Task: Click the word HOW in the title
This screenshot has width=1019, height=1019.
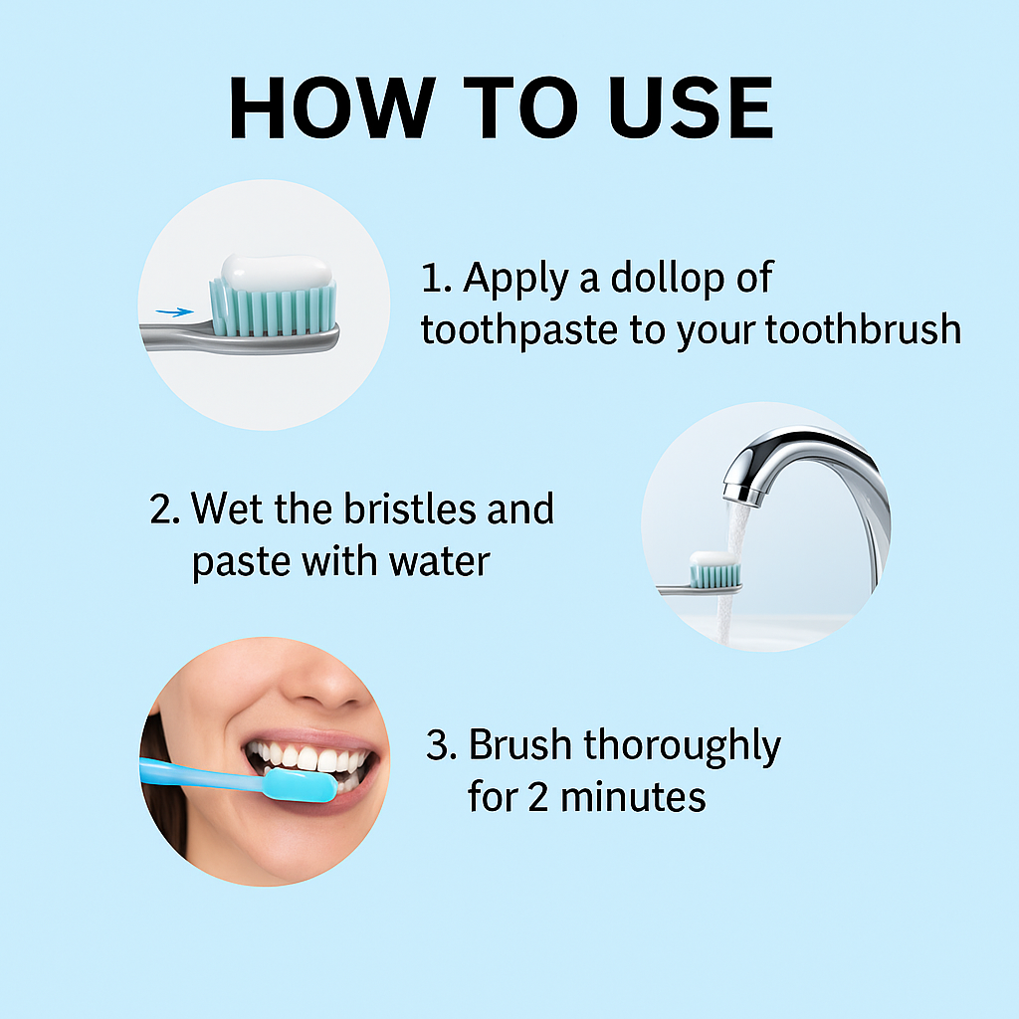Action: [332, 107]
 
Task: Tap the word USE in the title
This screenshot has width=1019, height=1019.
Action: [691, 107]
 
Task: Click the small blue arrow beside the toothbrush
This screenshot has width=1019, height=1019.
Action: [174, 312]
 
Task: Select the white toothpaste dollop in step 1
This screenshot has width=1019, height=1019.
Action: [277, 272]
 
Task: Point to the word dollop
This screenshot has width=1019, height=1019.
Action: [668, 279]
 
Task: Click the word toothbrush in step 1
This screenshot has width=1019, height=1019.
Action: [863, 328]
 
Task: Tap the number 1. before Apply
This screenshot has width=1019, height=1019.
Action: [436, 279]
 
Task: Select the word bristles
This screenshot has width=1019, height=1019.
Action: [410, 509]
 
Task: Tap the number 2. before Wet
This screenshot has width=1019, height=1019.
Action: [164, 509]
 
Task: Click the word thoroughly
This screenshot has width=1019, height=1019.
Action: [683, 746]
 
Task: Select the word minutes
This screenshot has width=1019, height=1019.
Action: [633, 797]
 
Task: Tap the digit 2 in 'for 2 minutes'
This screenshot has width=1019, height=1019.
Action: [538, 798]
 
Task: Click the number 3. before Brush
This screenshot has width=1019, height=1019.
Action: [441, 744]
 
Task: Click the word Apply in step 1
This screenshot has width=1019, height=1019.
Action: [516, 280]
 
